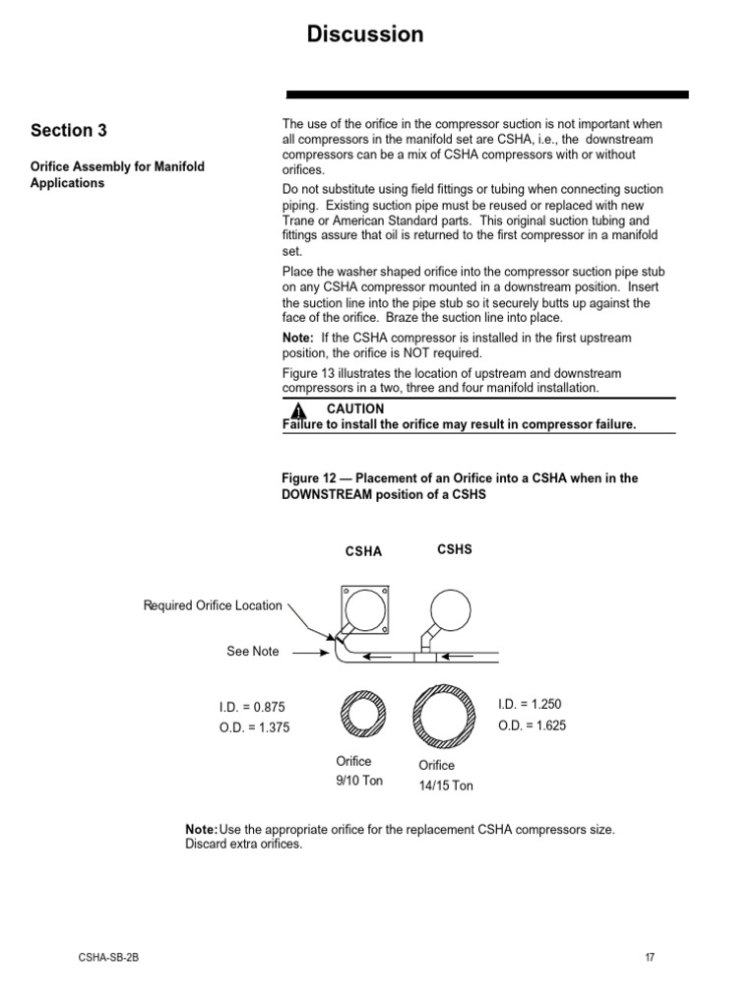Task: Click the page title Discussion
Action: coord(365,34)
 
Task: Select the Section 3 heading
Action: coord(69,131)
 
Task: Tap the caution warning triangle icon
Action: coord(299,410)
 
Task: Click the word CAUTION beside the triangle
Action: coord(355,409)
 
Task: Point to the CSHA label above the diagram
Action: coord(362,552)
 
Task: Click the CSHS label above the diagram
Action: coord(454,550)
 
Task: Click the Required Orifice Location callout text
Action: coord(213,605)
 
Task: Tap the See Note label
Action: coord(252,652)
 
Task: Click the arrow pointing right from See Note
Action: coord(311,652)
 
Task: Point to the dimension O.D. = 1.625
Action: coord(532,725)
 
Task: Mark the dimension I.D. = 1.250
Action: coord(530,704)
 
